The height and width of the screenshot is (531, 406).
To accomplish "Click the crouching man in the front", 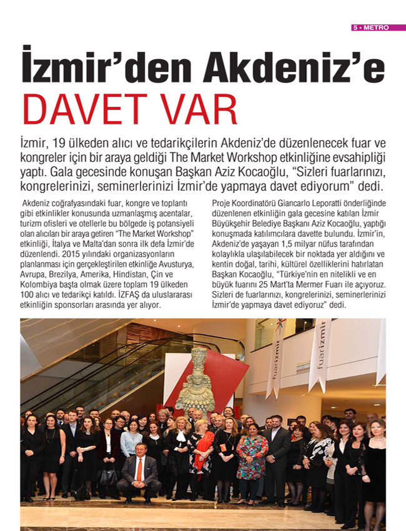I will (x=139, y=472).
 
